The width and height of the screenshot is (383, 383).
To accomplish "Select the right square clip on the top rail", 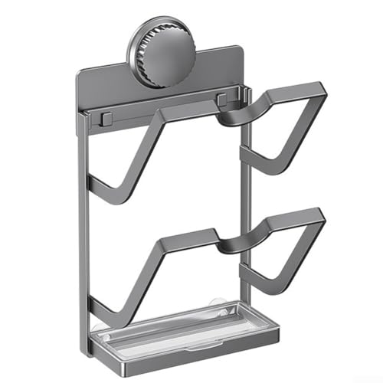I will point(221,100).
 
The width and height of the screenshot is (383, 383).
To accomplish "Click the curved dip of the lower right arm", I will point(234,245).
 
